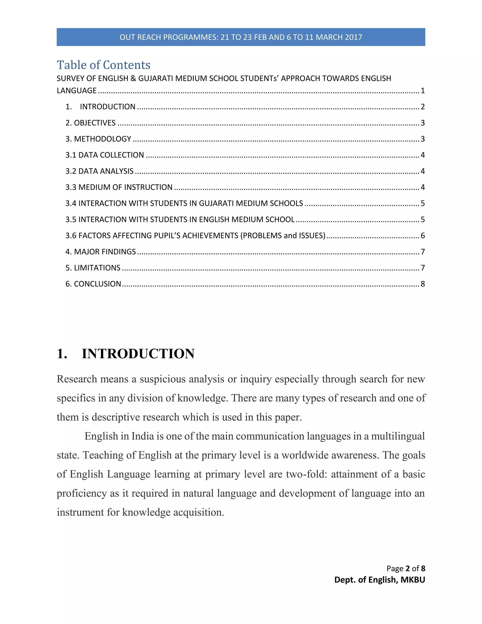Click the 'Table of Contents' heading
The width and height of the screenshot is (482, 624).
[x=103, y=65]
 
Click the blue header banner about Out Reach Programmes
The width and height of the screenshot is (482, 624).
[x=241, y=37]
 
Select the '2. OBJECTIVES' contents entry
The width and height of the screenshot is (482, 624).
[x=91, y=123]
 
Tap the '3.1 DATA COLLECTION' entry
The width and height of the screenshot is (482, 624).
[x=105, y=155]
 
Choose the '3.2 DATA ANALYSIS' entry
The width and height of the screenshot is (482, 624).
[x=99, y=171]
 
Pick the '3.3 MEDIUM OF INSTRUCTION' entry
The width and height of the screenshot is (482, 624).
[x=119, y=187]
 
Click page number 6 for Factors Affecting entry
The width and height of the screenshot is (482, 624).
[x=423, y=236]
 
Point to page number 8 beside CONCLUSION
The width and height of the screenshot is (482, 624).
[x=423, y=284]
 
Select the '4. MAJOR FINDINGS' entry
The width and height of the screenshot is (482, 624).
[x=100, y=252]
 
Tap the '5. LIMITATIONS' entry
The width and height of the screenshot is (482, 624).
[x=93, y=268]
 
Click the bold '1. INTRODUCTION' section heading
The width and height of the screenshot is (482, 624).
[x=126, y=354]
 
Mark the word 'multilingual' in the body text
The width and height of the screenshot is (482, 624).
[x=398, y=436]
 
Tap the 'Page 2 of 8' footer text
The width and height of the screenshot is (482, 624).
[x=406, y=569]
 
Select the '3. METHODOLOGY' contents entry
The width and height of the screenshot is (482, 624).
[x=98, y=139]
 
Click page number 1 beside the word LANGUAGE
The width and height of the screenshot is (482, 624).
[x=423, y=91]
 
